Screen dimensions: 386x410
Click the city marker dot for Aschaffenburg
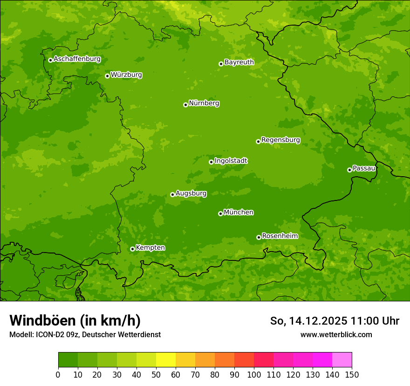[50, 60]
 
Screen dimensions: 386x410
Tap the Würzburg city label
[126, 75]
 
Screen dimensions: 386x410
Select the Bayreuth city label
[239, 62]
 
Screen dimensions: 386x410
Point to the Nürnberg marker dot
[185, 105]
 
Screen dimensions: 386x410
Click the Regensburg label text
[280, 140]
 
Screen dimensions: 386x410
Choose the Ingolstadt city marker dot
[211, 162]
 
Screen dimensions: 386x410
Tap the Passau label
[364, 168]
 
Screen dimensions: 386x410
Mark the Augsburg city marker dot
[172, 194]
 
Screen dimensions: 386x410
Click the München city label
[239, 213]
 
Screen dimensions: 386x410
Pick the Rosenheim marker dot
[259, 237]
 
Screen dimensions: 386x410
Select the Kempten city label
[150, 248]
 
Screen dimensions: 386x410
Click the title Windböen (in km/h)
[75, 320]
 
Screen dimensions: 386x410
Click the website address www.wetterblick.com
[336, 334]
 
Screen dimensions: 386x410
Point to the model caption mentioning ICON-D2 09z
[85, 334]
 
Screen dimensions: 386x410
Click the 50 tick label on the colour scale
[156, 375]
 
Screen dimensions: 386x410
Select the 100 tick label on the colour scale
[254, 375]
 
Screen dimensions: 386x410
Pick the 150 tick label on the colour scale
[352, 375]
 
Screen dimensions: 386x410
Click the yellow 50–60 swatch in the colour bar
[166, 360]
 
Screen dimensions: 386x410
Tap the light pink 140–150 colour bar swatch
[342, 360]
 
